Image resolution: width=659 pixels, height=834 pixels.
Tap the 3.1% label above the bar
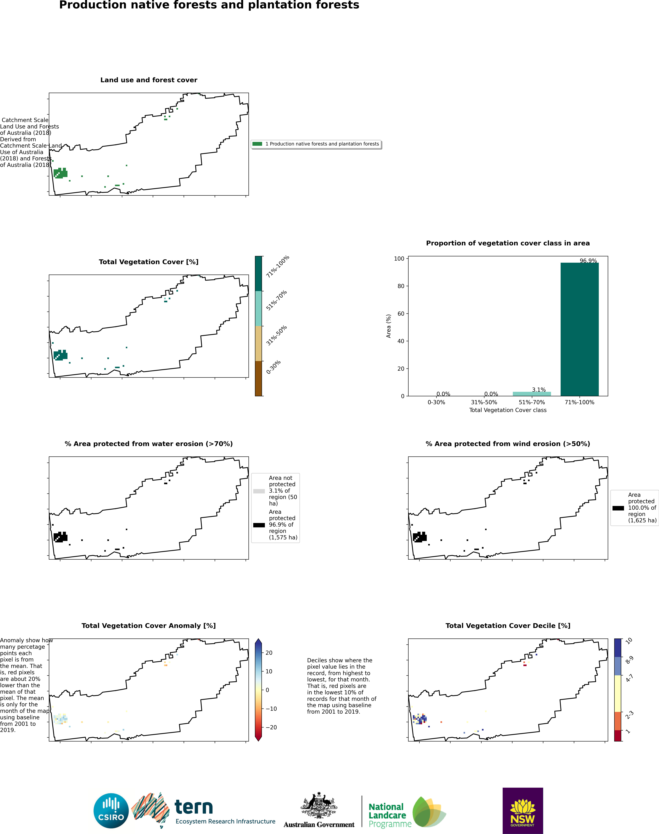click(539, 390)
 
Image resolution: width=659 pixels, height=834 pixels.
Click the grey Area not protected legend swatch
click(259, 491)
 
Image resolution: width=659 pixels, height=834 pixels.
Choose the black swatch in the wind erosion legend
click(618, 508)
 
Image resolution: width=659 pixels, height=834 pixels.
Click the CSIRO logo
click(111, 811)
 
